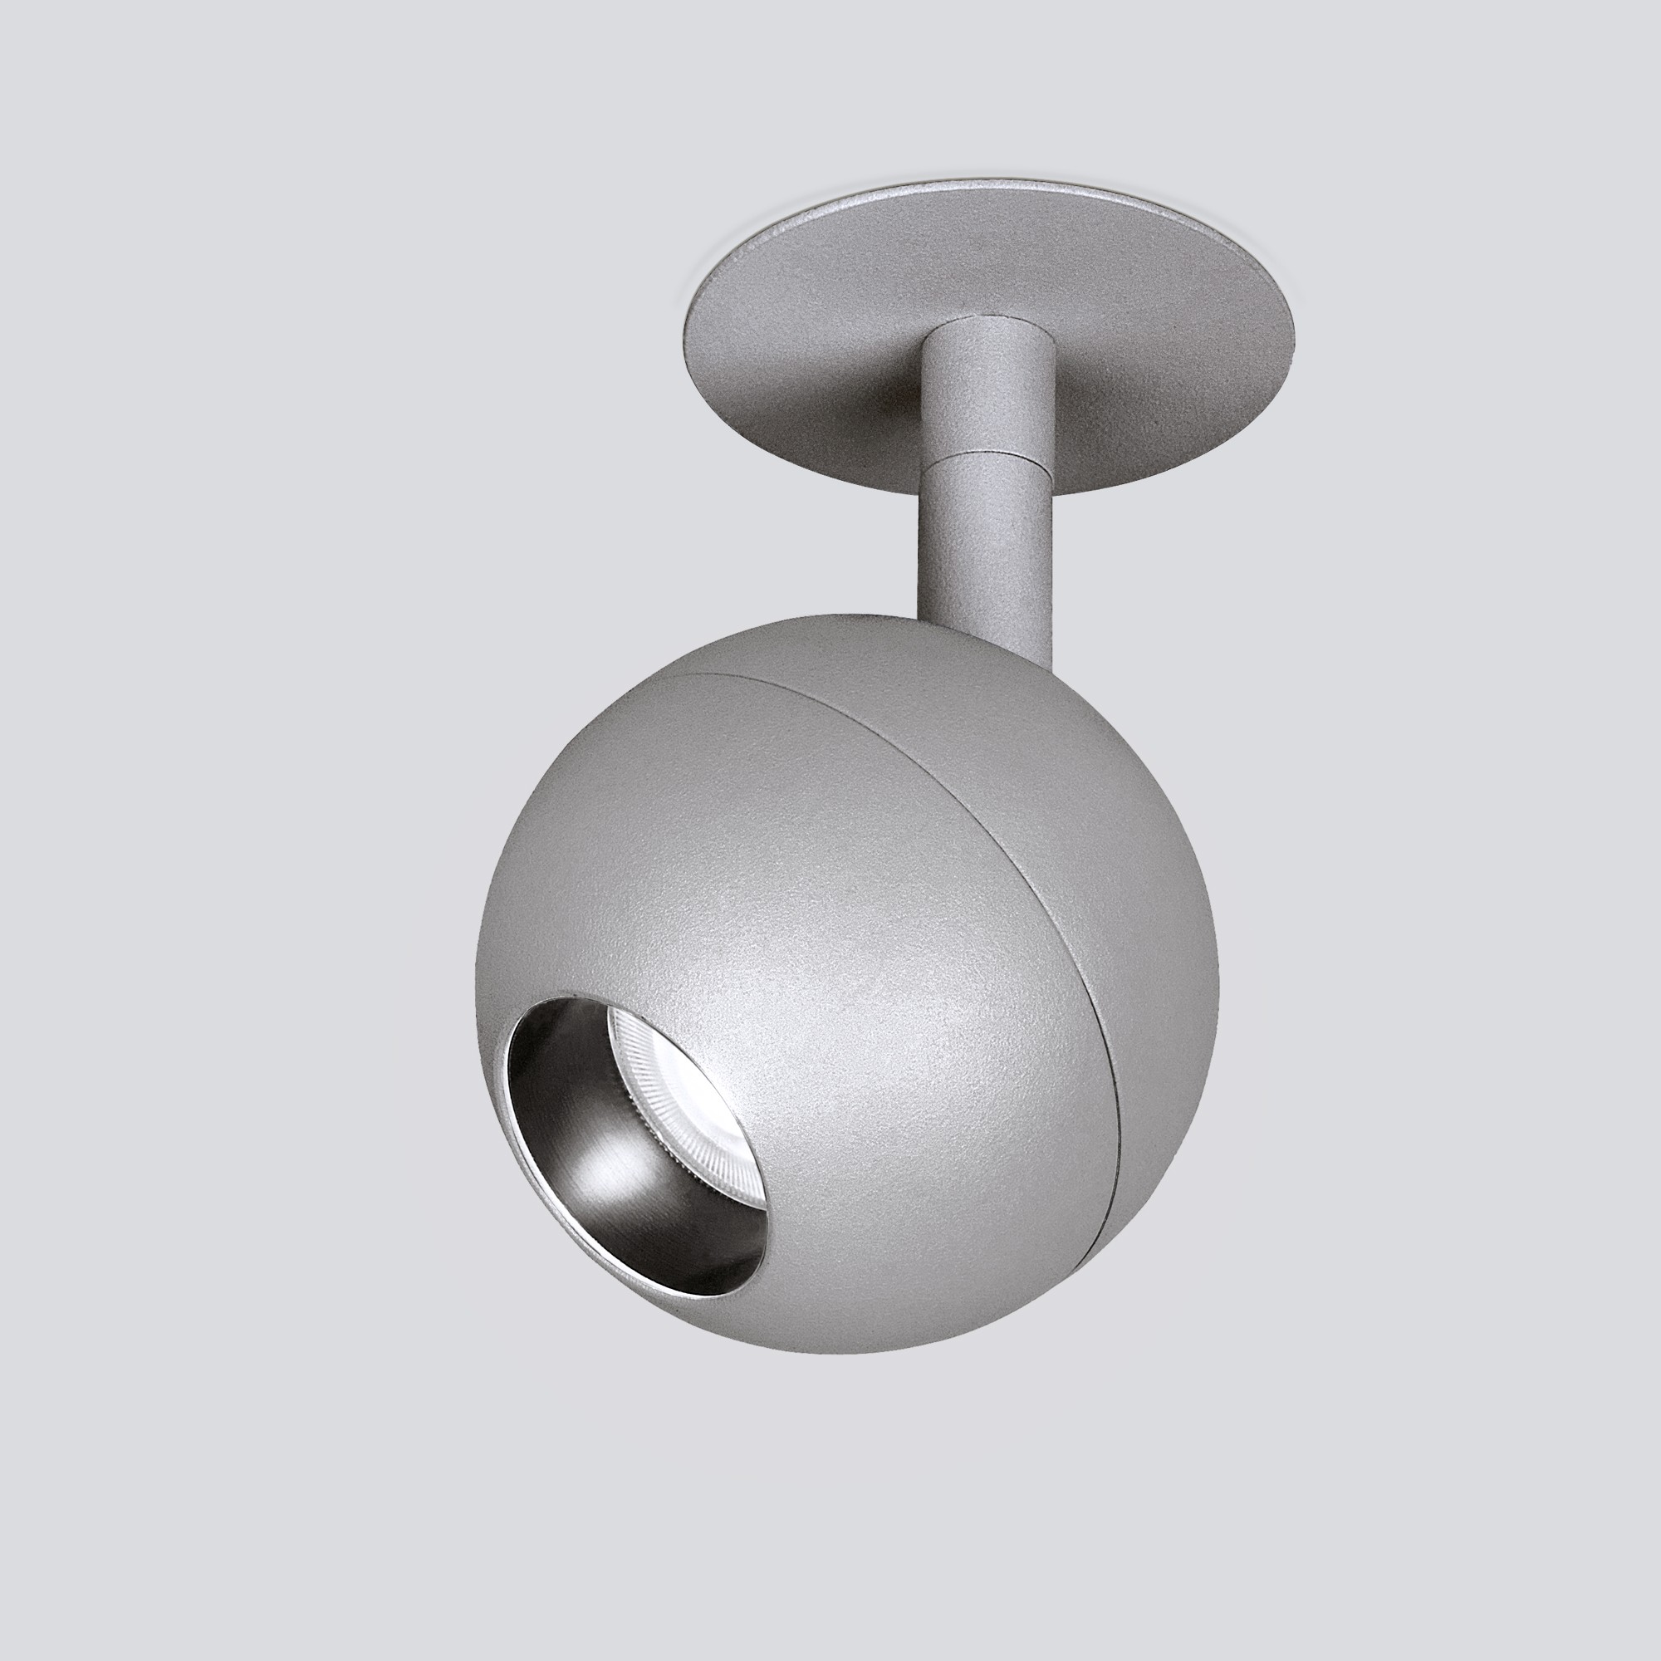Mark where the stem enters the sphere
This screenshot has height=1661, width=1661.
[x=988, y=632]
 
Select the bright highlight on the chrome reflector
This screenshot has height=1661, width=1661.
[x=602, y=1152]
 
